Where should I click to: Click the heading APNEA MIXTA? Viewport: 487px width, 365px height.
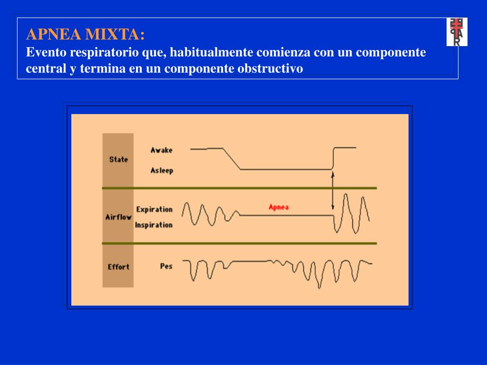click(86, 35)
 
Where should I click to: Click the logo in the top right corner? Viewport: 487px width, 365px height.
click(457, 32)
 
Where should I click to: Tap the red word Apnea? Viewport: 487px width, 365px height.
click(279, 207)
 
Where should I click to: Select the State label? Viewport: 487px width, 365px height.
click(118, 159)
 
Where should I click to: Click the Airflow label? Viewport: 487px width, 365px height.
click(118, 217)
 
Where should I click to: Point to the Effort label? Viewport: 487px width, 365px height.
click(118, 267)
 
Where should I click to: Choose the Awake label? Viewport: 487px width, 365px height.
click(162, 150)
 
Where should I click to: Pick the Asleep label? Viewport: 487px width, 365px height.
click(162, 170)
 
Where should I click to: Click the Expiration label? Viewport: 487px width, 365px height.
click(154, 209)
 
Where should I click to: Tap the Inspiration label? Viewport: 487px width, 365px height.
click(154, 225)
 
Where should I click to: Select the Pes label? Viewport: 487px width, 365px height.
click(166, 266)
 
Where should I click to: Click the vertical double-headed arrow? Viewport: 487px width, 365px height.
click(333, 191)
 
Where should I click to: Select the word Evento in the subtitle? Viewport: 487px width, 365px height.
click(43, 52)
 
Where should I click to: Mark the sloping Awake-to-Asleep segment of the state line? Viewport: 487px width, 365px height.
click(232, 159)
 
